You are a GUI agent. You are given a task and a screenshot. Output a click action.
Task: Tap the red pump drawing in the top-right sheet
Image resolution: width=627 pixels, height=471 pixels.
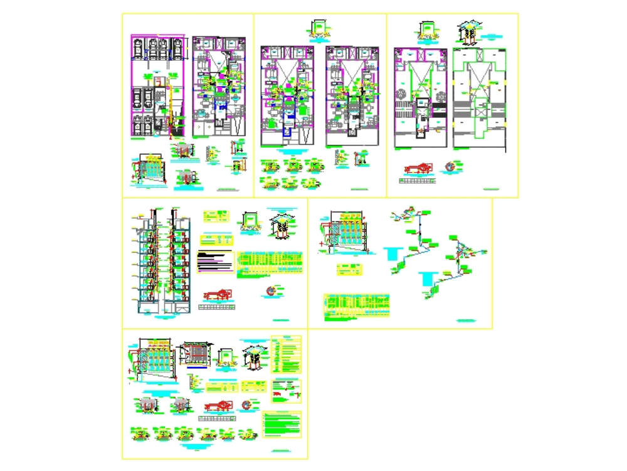[x=419, y=168]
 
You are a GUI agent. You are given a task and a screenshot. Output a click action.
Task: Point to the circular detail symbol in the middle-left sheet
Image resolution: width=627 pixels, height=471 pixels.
[x=270, y=291]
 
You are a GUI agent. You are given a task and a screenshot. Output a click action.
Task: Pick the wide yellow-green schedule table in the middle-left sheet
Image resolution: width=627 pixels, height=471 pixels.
[x=270, y=263]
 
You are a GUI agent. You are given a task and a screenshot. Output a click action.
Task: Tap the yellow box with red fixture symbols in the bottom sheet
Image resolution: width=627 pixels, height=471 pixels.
[x=287, y=392]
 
